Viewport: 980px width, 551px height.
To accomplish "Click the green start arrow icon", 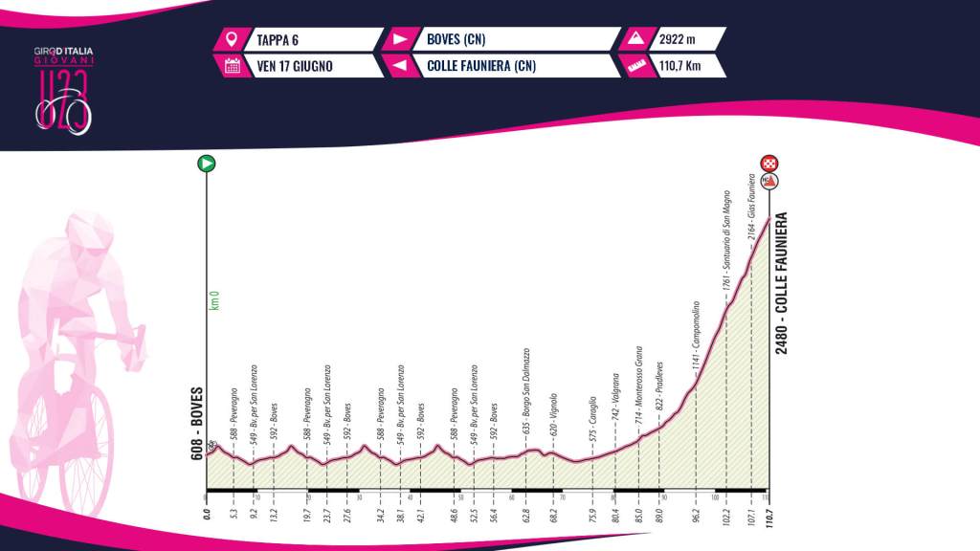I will coord(206,164).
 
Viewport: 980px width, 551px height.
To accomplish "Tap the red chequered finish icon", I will coord(768,164).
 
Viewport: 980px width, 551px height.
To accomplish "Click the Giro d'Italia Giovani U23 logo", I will coord(65,86).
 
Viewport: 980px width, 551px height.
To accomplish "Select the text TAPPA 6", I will coord(278,40).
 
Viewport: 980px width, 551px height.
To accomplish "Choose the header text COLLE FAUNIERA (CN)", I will coord(477,66).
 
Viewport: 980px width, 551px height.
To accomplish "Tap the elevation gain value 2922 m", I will coord(679,40).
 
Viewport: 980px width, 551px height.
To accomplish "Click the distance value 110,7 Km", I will coord(681,66).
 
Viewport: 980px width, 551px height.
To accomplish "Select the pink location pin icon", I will coord(231,40).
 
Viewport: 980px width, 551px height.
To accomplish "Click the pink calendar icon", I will coord(231,66).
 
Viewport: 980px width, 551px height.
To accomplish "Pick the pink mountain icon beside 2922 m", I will coord(634,40).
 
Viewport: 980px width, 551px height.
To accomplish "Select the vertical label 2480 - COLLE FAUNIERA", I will coord(782,282).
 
